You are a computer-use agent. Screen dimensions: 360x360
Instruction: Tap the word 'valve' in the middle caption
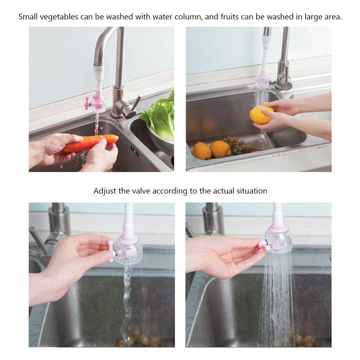click(141, 191)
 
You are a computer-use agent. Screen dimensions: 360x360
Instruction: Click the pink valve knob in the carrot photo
click(87, 103)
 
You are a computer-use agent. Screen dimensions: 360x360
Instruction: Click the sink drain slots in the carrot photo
click(135, 151)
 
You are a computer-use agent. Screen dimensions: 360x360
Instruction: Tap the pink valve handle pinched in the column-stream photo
click(111, 251)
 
